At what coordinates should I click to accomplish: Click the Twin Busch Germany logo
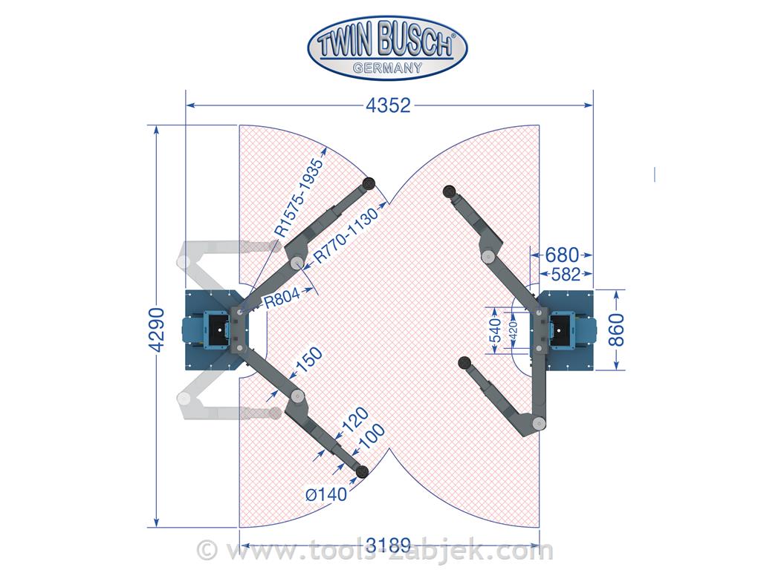tap(388, 47)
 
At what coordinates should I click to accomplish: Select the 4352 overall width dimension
tap(388, 105)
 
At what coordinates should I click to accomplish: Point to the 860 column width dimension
tap(616, 330)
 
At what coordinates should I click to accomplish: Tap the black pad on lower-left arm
tap(363, 471)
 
